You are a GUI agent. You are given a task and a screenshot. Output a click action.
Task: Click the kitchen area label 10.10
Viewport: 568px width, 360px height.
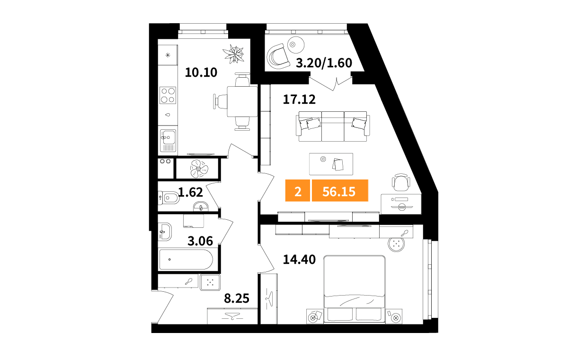(x=201, y=72)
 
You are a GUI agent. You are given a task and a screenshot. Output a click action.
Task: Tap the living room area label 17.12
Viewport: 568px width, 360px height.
(x=299, y=99)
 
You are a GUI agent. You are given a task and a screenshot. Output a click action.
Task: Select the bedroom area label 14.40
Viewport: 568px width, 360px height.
(x=299, y=260)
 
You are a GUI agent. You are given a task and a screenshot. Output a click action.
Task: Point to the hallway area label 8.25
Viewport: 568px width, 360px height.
(x=237, y=298)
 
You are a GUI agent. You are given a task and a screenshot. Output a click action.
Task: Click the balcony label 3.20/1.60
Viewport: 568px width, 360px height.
(x=324, y=63)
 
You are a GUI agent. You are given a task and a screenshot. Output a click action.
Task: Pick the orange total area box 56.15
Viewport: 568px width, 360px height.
(x=340, y=190)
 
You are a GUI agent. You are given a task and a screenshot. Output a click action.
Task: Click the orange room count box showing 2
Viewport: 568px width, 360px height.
(x=298, y=190)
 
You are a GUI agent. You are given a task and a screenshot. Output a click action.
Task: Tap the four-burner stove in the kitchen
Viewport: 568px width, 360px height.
(x=168, y=95)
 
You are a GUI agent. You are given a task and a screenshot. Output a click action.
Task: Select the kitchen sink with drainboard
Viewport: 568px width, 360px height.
(x=168, y=141)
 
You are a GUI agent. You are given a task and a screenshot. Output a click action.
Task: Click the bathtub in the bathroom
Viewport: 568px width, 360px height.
(x=186, y=260)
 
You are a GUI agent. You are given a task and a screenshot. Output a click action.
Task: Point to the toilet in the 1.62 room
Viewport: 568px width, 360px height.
(x=169, y=198)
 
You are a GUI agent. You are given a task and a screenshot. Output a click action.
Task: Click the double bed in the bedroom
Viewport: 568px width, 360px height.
(x=355, y=289)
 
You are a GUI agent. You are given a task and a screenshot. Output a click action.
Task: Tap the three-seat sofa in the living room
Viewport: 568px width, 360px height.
(x=333, y=126)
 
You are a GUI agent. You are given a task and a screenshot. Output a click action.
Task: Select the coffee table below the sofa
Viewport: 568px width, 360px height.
(x=331, y=164)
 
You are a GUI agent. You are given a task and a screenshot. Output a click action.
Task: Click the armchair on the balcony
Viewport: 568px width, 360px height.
(x=277, y=56)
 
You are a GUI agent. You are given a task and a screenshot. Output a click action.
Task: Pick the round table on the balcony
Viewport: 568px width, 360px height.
(x=296, y=45)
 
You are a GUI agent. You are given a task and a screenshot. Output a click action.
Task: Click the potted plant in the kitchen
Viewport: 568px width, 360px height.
(x=233, y=54)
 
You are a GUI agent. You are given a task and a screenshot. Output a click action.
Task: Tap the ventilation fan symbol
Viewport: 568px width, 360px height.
(x=199, y=169)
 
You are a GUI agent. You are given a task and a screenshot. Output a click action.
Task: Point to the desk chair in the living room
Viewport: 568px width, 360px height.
(x=401, y=182)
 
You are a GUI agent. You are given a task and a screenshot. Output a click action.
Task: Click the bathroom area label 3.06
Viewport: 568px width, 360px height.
(x=200, y=241)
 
